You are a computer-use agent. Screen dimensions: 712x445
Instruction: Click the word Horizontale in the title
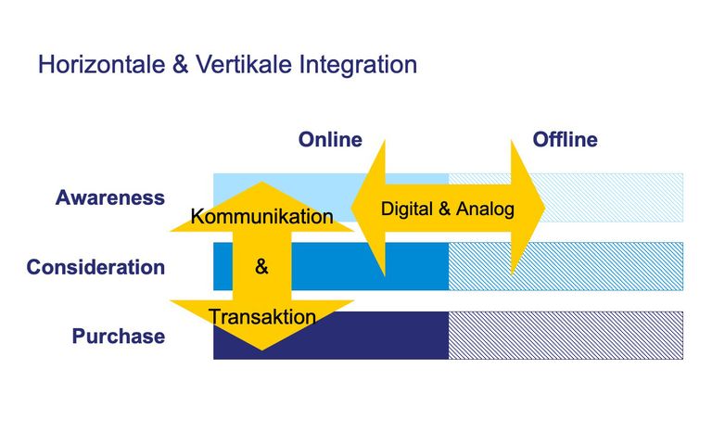click(102, 64)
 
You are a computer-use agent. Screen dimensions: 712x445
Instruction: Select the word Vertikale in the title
click(244, 64)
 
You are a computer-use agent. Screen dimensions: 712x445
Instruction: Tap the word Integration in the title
click(358, 65)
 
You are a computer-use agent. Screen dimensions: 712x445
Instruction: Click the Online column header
click(330, 139)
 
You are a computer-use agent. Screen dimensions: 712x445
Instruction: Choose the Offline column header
click(565, 139)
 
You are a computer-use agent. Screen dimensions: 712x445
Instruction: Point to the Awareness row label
click(110, 197)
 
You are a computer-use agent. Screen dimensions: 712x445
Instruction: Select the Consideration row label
click(95, 267)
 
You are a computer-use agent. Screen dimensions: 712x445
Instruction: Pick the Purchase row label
click(119, 336)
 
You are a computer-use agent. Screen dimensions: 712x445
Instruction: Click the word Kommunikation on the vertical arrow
click(262, 217)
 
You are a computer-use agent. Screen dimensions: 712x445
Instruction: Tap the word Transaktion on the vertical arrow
click(262, 316)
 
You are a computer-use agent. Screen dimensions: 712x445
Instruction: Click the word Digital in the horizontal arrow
click(406, 210)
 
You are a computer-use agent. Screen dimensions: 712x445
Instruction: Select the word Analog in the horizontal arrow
click(485, 210)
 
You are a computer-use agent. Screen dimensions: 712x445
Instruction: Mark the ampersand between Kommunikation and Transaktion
click(261, 267)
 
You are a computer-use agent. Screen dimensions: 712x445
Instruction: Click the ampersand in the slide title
click(180, 64)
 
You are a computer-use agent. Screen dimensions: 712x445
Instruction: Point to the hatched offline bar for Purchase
click(566, 336)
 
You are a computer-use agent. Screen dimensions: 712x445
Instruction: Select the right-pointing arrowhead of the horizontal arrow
click(528, 208)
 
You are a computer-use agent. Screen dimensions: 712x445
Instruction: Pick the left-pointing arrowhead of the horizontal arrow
click(368, 208)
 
